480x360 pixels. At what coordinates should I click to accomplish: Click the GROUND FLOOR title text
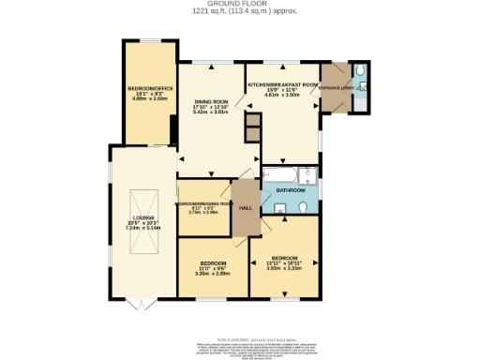(239, 4)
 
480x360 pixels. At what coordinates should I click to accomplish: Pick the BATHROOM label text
(290, 190)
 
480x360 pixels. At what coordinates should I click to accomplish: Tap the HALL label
(246, 208)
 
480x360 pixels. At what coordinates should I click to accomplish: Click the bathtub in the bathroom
(279, 174)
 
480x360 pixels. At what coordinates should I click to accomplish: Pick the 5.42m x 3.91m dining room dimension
(211, 112)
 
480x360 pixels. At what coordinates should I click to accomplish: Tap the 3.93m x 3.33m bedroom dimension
(285, 268)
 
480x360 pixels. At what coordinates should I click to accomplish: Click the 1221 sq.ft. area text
(239, 12)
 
